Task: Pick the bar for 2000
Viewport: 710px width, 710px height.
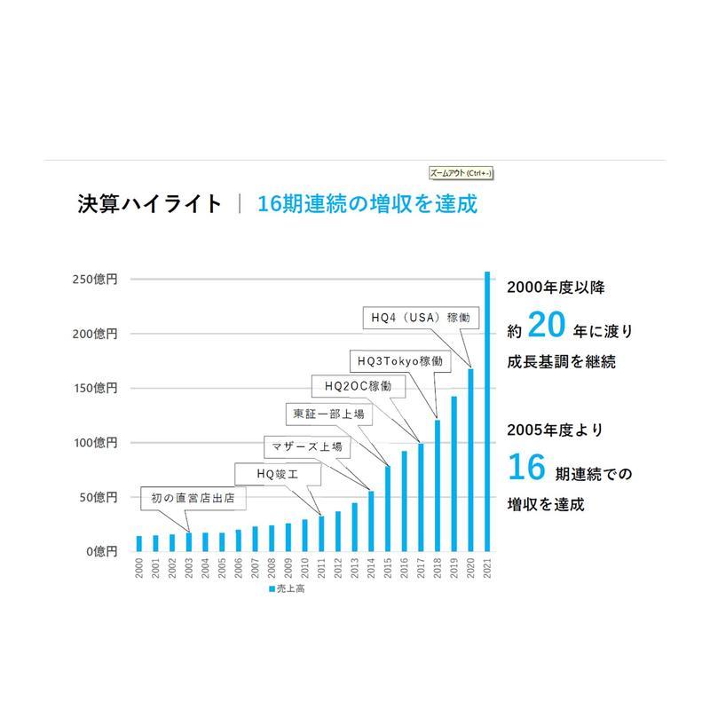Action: (139, 543)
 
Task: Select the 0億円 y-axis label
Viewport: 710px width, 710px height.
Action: (100, 551)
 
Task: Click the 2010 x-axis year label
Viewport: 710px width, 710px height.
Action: (304, 569)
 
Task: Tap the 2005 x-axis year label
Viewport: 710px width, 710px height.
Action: (222, 569)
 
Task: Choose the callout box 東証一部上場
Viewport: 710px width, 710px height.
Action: (327, 414)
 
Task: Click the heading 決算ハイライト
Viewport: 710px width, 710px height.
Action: (148, 203)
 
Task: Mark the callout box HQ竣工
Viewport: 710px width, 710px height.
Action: (276, 475)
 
